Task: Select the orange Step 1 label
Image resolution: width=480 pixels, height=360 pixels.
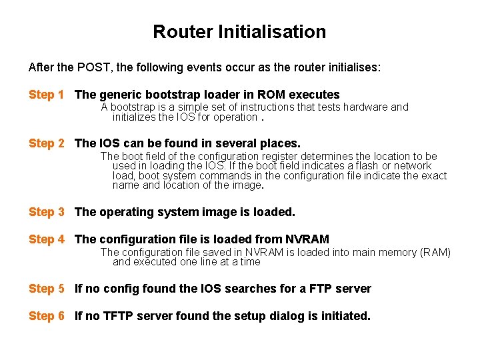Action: click(x=46, y=95)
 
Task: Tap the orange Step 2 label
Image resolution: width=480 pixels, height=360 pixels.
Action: click(x=46, y=143)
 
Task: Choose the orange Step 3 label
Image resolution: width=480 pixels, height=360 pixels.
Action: click(x=46, y=211)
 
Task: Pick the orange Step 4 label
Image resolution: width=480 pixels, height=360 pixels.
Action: click(x=46, y=239)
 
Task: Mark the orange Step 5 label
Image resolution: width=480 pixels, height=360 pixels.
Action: click(x=46, y=288)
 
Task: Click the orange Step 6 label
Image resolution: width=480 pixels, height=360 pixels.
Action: click(x=46, y=315)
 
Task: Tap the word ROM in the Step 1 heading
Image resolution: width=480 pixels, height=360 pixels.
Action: click(x=273, y=95)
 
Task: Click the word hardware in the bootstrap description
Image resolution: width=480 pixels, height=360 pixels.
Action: click(x=365, y=107)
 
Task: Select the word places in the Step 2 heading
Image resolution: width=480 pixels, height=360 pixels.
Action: click(x=280, y=143)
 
